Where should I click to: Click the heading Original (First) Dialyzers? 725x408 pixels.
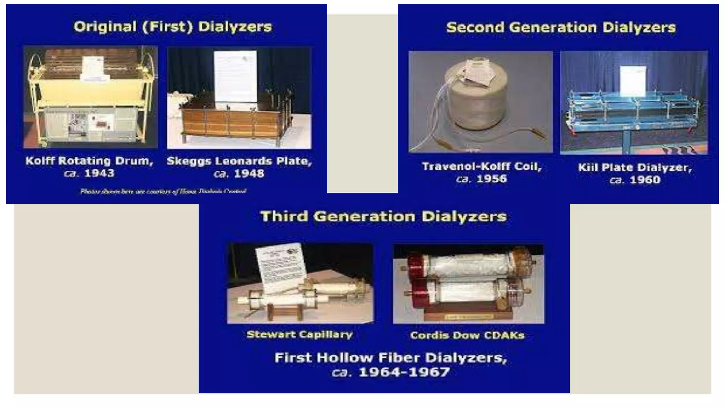(172, 27)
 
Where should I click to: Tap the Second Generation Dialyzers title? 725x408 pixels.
(561, 28)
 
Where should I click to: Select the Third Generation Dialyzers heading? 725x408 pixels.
(383, 216)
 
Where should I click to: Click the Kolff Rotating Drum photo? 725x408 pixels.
(91, 97)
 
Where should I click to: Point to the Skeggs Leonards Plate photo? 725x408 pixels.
(239, 98)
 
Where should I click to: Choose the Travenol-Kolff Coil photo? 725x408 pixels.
(480, 102)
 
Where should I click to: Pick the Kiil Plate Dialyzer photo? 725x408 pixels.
(634, 103)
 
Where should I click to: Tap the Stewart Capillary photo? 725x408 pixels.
(300, 283)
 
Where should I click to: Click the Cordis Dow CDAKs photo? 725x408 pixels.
(468, 284)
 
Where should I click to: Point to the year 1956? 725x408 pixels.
(491, 179)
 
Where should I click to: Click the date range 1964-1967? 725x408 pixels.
(404, 372)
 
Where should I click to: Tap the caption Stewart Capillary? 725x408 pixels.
(299, 334)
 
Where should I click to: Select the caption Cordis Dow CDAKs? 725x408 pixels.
(467, 335)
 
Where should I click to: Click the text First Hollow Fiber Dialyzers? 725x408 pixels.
(390, 358)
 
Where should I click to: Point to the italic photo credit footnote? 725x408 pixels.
(163, 191)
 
